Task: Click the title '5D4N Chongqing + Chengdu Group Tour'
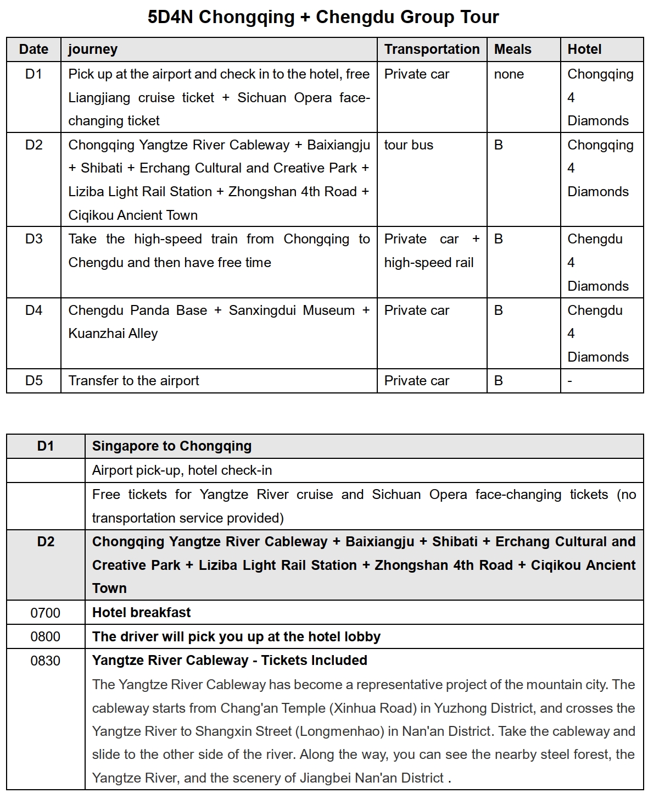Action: click(x=323, y=17)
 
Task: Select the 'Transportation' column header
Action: click(x=432, y=49)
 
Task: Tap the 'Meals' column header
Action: click(x=512, y=49)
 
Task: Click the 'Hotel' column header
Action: click(x=584, y=49)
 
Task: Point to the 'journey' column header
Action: click(x=93, y=49)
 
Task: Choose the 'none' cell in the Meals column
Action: click(x=509, y=74)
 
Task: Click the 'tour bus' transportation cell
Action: click(x=409, y=145)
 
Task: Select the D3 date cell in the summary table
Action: click(x=33, y=239)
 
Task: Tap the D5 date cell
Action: click(x=33, y=381)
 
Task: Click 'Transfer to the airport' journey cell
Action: click(x=133, y=381)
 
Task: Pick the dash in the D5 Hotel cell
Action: click(x=570, y=381)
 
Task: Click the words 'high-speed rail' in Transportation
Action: click(x=428, y=263)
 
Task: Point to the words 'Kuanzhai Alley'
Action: click(x=113, y=334)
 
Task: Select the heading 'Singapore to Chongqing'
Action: click(x=172, y=446)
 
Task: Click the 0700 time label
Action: click(x=46, y=613)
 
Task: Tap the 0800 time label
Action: click(x=46, y=637)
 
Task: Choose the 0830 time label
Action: click(x=46, y=661)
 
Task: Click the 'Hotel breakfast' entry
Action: click(x=142, y=613)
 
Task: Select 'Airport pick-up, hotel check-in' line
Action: click(x=182, y=470)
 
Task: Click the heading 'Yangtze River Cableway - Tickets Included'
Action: click(x=230, y=661)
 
